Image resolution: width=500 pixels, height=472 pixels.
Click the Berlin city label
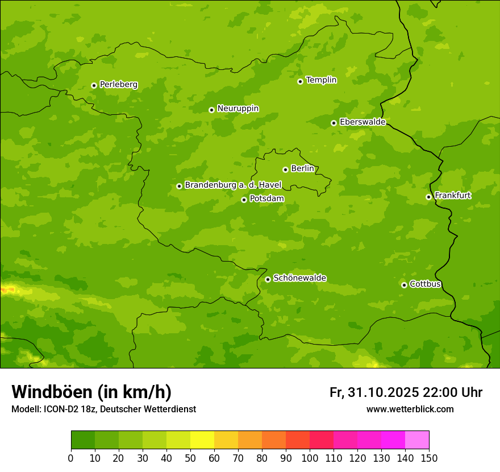[302, 168]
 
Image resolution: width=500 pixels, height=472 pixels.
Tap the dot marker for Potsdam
[244, 200]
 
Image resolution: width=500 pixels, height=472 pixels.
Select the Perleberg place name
[118, 85]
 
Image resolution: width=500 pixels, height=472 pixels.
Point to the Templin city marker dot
[300, 81]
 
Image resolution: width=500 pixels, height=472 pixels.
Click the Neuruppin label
[238, 109]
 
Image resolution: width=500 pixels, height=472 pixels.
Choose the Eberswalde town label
[363, 122]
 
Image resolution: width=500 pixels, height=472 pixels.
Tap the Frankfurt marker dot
[428, 197]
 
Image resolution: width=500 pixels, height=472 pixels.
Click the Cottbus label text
[425, 284]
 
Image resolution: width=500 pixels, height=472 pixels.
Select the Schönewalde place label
[299, 278]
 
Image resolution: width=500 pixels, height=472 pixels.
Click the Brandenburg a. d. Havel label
[233, 185]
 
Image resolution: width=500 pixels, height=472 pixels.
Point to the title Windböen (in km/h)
[91, 392]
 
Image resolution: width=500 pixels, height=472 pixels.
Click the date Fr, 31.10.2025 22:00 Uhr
[406, 392]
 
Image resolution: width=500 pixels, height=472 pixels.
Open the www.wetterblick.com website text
[410, 409]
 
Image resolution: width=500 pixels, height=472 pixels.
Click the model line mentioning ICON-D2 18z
[103, 409]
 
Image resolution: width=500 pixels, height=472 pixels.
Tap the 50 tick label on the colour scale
[190, 458]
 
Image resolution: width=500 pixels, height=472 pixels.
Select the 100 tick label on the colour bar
[310, 458]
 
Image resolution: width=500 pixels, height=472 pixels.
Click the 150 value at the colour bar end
[429, 458]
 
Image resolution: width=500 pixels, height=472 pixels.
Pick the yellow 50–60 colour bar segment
[202, 440]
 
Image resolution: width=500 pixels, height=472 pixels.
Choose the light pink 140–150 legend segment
[417, 440]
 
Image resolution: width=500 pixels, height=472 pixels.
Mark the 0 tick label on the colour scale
[71, 458]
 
